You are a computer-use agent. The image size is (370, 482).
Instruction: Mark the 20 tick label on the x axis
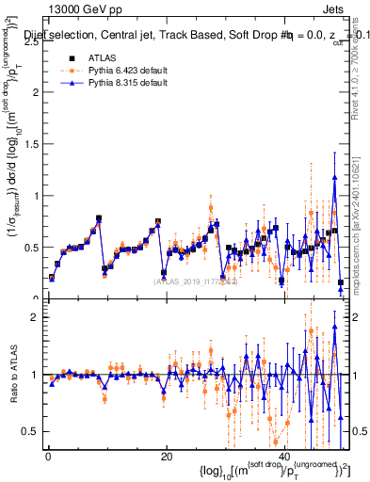(166, 457)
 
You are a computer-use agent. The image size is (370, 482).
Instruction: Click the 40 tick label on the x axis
(284, 457)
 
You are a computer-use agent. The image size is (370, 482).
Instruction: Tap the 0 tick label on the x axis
(47, 457)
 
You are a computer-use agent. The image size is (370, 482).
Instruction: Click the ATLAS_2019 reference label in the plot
(189, 281)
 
